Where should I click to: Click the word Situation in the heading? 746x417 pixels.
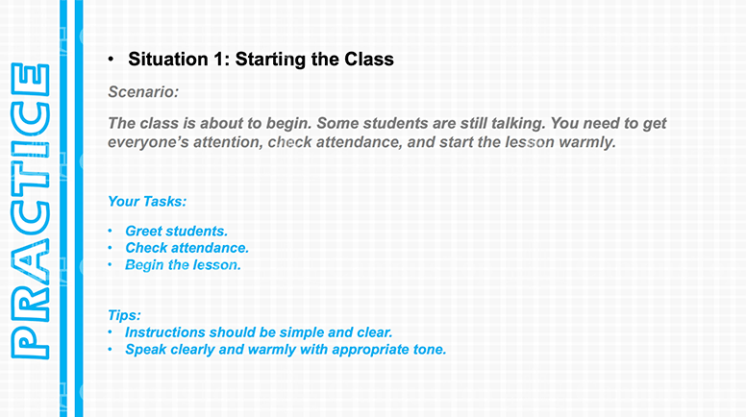pyautogui.click(x=168, y=60)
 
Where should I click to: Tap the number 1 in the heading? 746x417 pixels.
pyautogui.click(x=218, y=60)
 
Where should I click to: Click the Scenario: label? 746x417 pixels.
pyautogui.click(x=143, y=92)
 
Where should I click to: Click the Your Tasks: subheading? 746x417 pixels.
pyautogui.click(x=147, y=202)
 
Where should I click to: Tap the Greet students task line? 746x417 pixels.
pyautogui.click(x=176, y=232)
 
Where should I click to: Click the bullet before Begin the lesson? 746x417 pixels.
pyautogui.click(x=110, y=265)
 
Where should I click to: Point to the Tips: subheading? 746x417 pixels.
pyautogui.click(x=124, y=315)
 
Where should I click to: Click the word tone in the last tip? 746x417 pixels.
pyautogui.click(x=430, y=350)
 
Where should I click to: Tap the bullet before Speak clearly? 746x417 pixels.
pyautogui.click(x=110, y=350)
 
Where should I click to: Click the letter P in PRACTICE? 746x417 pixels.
pyautogui.click(x=30, y=344)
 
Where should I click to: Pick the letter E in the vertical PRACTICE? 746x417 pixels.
pyautogui.click(x=30, y=80)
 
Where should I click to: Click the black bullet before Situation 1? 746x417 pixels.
pyautogui.click(x=111, y=60)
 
